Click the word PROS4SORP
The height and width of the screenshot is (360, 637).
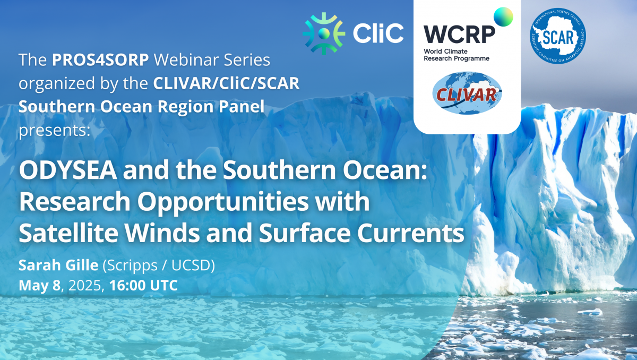coord(100,59)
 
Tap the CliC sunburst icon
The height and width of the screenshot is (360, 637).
coord(324,33)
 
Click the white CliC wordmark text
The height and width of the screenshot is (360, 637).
coord(378,33)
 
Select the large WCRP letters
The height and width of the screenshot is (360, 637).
coord(459,35)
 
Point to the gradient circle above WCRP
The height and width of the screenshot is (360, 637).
coord(503,17)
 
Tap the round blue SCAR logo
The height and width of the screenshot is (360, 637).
coord(558,36)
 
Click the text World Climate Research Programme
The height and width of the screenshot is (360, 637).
coord(457,55)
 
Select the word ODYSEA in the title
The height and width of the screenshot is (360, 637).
coord(68,170)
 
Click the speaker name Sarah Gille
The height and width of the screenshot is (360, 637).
coord(58,265)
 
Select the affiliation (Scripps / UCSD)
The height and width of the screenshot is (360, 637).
coord(159,265)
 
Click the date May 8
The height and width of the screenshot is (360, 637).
coord(39,286)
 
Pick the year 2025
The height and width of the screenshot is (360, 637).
coord(85,286)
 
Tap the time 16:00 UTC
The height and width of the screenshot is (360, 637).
coord(144,286)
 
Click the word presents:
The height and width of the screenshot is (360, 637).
coord(54,131)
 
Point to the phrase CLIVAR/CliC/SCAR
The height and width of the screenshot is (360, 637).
coord(226,83)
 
